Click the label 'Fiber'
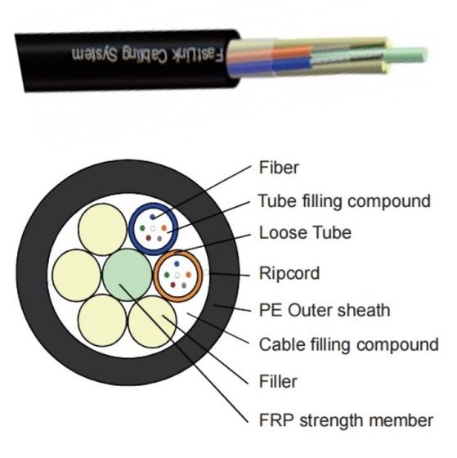[279, 168]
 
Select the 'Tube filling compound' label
[344, 201]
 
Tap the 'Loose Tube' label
[306, 233]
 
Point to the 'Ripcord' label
[289, 273]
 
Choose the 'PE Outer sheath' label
[325, 310]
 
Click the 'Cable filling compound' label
[348, 344]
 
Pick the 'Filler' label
[278, 381]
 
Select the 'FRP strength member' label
[346, 420]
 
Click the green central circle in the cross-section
[128, 275]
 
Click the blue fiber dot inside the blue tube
[152, 217]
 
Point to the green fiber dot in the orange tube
[167, 275]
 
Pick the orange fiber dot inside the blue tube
[164, 227]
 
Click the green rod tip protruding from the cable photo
[405, 56]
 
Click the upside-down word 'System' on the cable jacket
[95, 54]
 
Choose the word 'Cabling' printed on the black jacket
[146, 54]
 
